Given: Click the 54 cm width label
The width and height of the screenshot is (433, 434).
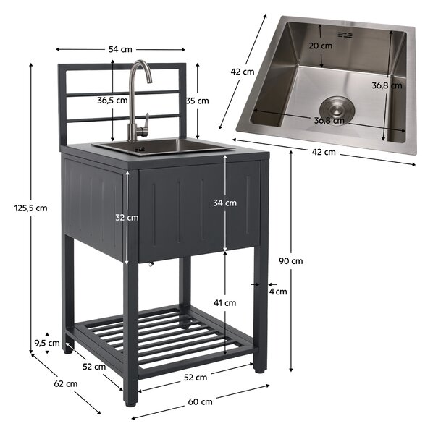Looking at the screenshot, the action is (120, 49).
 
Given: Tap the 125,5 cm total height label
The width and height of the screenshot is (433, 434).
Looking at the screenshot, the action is (30, 208).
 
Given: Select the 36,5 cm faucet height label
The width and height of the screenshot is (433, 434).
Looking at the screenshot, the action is (112, 101).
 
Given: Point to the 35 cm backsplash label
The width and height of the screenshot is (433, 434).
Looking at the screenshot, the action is (197, 101).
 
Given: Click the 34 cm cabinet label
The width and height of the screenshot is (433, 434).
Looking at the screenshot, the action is (224, 203).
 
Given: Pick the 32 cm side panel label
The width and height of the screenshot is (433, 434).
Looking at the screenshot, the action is (127, 218).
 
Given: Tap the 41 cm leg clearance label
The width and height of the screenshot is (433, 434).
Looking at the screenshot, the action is (224, 303).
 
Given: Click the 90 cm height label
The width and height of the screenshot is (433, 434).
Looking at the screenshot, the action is (290, 260).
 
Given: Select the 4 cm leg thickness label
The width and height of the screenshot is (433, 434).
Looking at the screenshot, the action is (278, 292).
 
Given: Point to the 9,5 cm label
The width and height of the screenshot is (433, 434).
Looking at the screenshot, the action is (47, 343).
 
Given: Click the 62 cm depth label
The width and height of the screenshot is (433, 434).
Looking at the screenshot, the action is (66, 383).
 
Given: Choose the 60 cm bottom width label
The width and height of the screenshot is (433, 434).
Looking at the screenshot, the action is (201, 401).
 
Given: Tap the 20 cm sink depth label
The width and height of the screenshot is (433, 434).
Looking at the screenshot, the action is (321, 46).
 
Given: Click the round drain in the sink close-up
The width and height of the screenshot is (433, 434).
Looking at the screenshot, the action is (337, 110).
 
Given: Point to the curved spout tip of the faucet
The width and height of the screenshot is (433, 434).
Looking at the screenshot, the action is (149, 80).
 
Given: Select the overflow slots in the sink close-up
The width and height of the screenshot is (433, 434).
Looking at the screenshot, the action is (345, 35).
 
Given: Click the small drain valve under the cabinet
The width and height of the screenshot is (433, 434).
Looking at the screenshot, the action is (151, 264).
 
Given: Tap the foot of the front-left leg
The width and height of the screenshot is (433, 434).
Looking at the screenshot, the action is (130, 404).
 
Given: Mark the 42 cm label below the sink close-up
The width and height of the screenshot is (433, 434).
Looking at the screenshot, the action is (324, 152).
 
